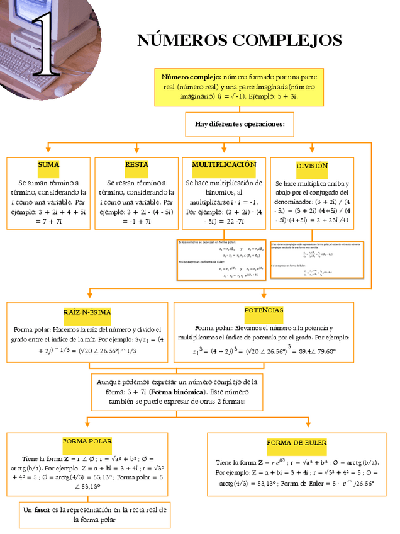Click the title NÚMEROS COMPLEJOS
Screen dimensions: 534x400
[x=240, y=41]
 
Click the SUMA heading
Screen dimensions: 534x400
[x=48, y=165]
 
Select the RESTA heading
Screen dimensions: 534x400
[x=136, y=165]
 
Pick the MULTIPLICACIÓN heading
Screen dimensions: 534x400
[x=224, y=165]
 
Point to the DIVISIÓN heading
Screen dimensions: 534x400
[x=312, y=166]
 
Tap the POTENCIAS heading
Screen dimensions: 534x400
[x=264, y=311]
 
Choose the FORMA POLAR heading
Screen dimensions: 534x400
[x=87, y=442]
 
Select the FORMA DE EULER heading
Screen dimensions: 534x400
[x=297, y=443]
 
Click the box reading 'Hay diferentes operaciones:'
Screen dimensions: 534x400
[x=240, y=124]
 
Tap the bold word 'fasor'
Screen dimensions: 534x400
[x=42, y=509]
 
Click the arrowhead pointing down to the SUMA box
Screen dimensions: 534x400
[x=48, y=150]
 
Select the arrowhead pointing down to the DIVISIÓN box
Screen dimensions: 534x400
[x=312, y=150]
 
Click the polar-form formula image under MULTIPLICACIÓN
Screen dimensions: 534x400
[x=221, y=259]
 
